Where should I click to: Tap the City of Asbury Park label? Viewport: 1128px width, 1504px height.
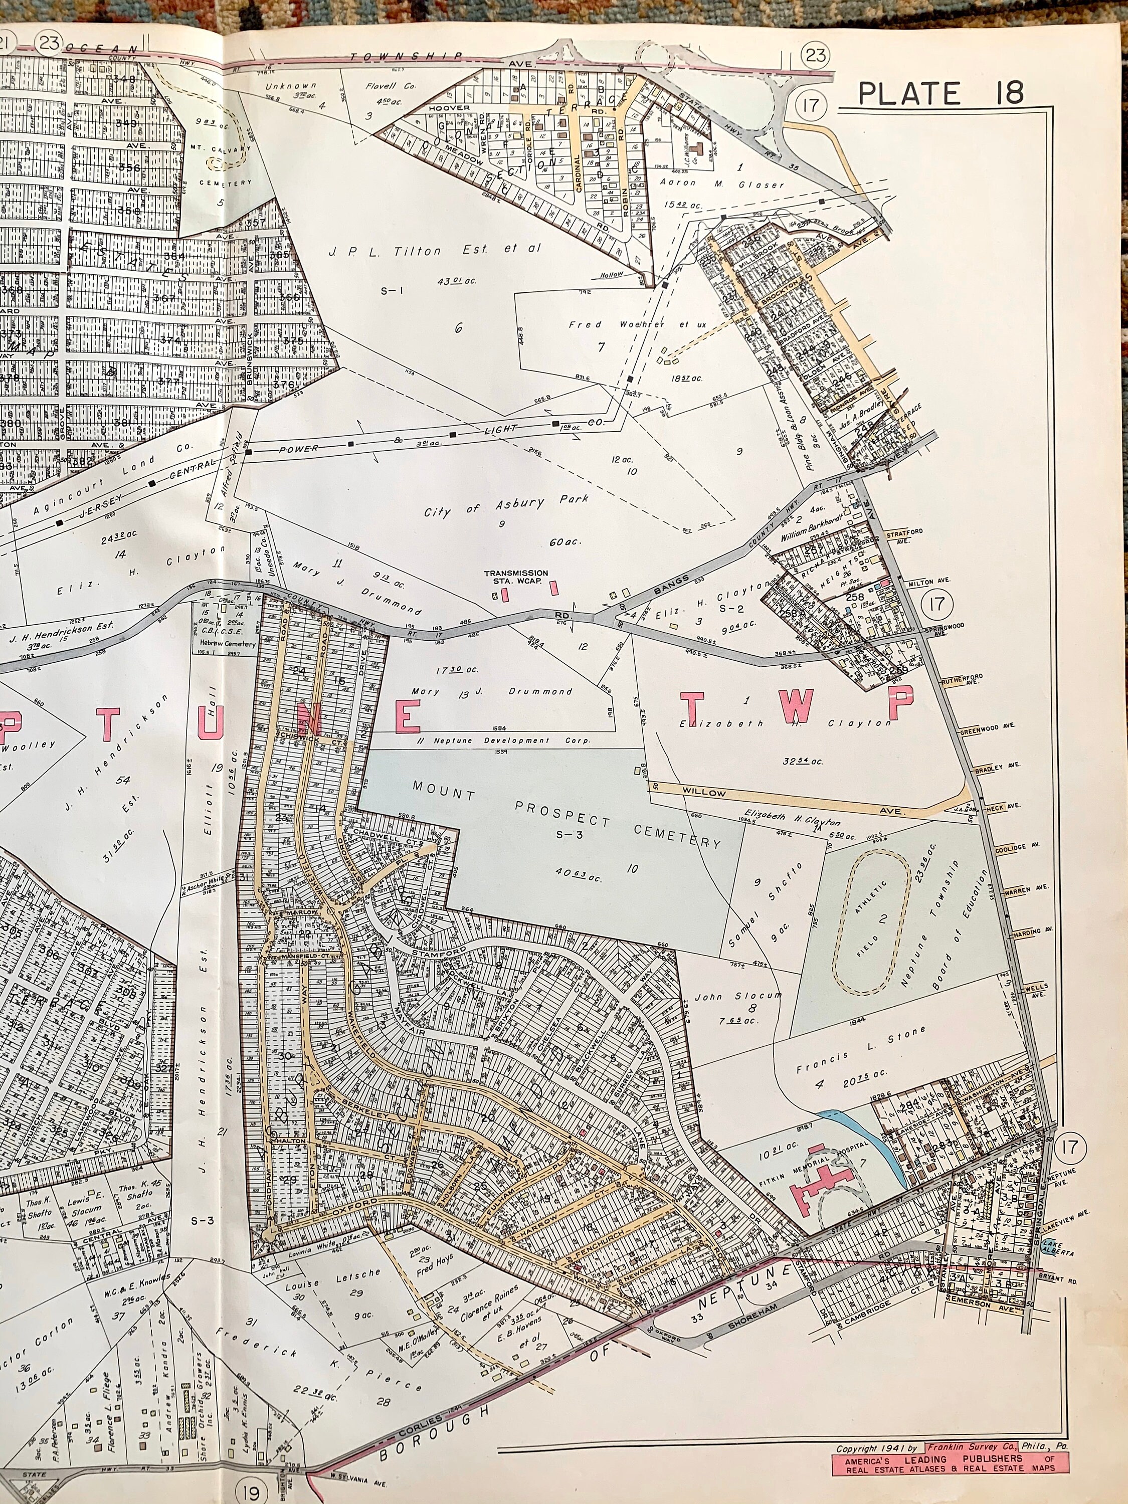pos(506,506)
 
